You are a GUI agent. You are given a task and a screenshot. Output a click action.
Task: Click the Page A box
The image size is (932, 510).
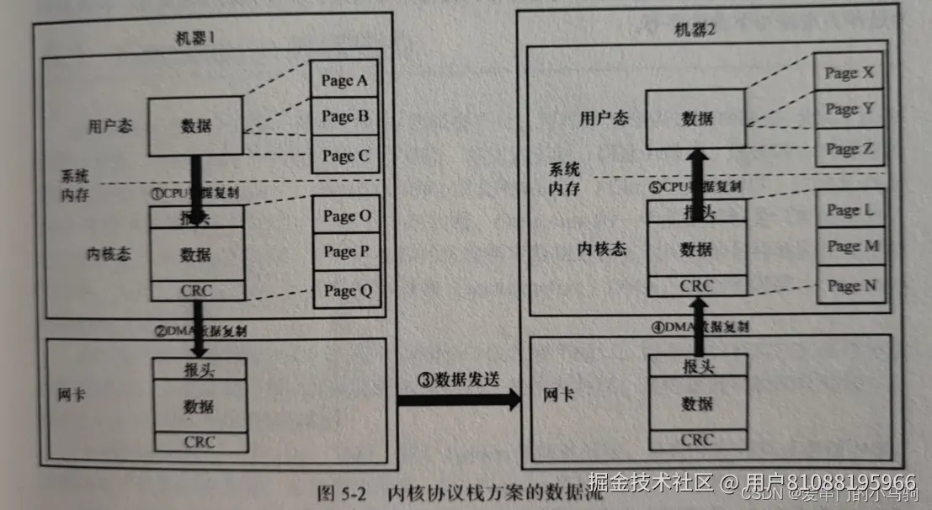[344, 82]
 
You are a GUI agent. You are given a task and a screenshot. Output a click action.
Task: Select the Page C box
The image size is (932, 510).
[344, 155]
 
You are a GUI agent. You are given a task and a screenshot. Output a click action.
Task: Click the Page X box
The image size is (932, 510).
[849, 73]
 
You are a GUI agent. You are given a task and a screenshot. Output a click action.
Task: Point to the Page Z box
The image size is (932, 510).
[849, 148]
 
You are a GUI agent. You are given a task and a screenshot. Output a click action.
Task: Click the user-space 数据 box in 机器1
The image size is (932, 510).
[196, 126]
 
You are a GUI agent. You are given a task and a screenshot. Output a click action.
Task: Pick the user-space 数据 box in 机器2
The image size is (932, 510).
[696, 119]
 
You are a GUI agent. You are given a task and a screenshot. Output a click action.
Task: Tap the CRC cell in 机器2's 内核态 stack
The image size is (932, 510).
[696, 285]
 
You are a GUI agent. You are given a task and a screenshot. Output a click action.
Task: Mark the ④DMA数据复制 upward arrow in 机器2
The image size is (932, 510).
[698, 335]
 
